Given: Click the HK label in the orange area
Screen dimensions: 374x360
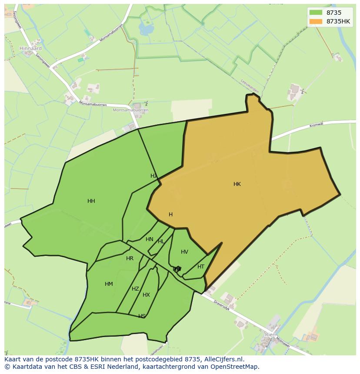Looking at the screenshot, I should click(237, 184).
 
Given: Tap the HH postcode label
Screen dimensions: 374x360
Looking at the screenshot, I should click(91, 201).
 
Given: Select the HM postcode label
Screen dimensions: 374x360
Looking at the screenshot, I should click(109, 284).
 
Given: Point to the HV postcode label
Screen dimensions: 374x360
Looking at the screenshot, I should click(184, 252).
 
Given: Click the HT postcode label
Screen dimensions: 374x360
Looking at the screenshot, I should click(201, 267).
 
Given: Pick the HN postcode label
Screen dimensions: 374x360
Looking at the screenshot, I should click(150, 239).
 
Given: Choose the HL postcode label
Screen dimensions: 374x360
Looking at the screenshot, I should click(161, 242).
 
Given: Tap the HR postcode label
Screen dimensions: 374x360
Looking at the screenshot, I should click(130, 258).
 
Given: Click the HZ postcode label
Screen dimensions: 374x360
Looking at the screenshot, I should click(135, 289).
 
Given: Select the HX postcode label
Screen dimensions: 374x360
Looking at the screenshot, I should click(146, 295).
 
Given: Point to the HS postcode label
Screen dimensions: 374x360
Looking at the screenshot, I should click(142, 316).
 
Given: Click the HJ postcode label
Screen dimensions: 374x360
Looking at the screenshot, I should click(153, 176).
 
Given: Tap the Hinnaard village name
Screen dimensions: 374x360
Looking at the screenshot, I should click(30, 48).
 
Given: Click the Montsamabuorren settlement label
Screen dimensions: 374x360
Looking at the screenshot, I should click(130, 110).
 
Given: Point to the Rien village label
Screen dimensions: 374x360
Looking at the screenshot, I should click(270, 335).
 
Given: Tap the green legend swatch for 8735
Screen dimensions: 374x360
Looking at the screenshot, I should click(316, 13).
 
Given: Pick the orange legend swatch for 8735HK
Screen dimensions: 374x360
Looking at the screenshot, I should click(316, 21).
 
